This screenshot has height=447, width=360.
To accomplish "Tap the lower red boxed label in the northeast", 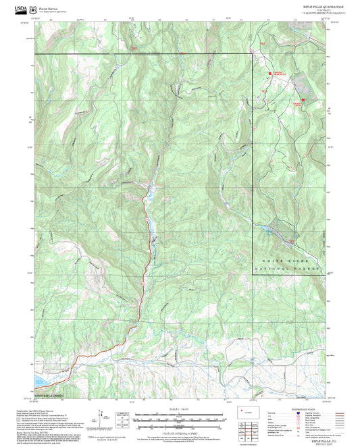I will [297, 104].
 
